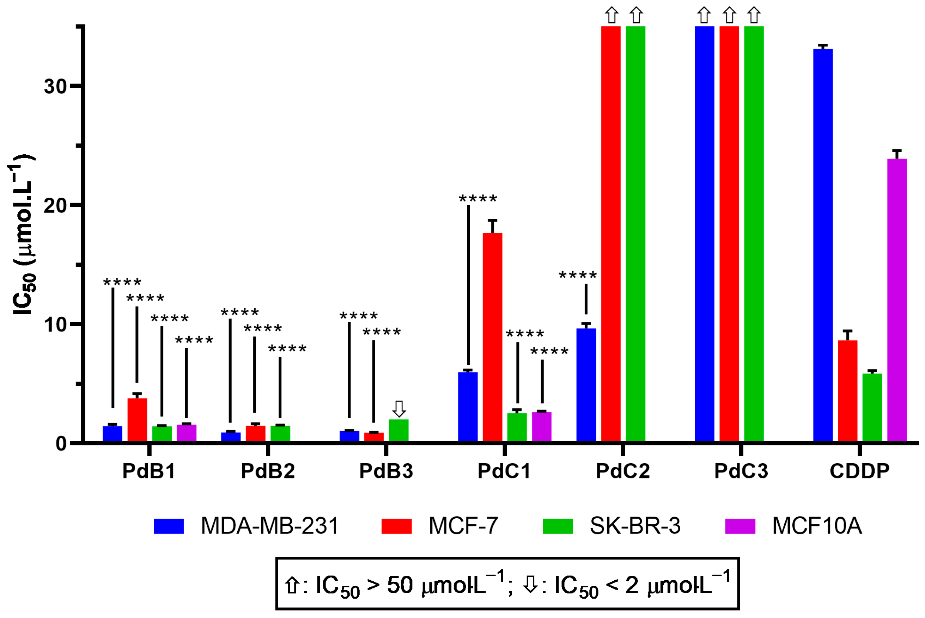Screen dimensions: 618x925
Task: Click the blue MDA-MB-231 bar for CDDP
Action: pyautogui.click(x=823, y=245)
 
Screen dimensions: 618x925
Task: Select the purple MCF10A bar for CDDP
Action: pyautogui.click(x=897, y=299)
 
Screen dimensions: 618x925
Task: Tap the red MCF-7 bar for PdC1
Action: pyautogui.click(x=492, y=337)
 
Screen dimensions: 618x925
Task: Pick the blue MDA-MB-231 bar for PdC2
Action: pyautogui.click(x=586, y=385)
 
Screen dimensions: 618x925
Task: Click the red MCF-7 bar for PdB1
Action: pyautogui.click(x=137, y=419)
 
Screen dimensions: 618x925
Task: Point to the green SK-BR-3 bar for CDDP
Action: pyautogui.click(x=872, y=407)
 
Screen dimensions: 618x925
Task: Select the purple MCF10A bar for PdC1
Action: pyautogui.click(x=542, y=426)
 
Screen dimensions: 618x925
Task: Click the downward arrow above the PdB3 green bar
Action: pyautogui.click(x=399, y=409)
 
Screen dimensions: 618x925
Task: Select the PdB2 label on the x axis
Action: pyautogui.click(x=268, y=471)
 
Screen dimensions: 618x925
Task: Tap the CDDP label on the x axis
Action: pyautogui.click(x=859, y=471)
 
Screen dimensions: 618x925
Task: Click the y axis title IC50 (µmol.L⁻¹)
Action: pyautogui.click(x=23, y=235)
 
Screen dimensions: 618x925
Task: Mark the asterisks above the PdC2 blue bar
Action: pyautogui.click(x=578, y=275)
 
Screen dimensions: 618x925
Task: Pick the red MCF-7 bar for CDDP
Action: pyautogui.click(x=848, y=390)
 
